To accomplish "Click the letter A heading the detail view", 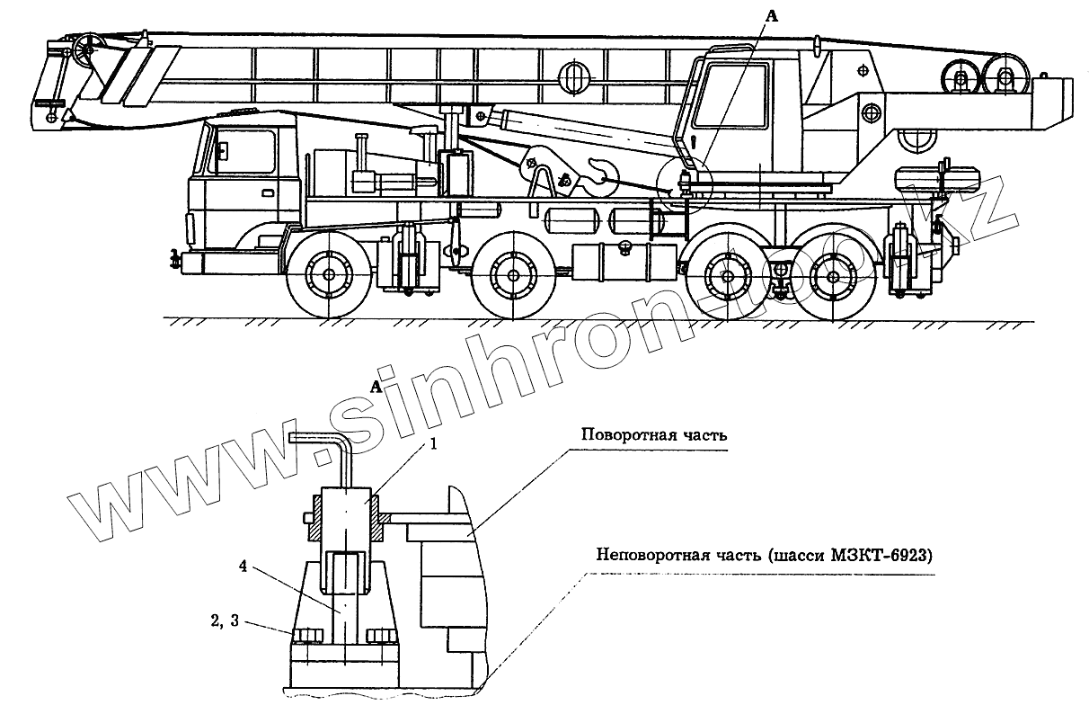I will (375, 387).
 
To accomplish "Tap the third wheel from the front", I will (724, 274).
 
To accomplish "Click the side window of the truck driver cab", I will (243, 152).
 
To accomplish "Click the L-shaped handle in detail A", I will (323, 441).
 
